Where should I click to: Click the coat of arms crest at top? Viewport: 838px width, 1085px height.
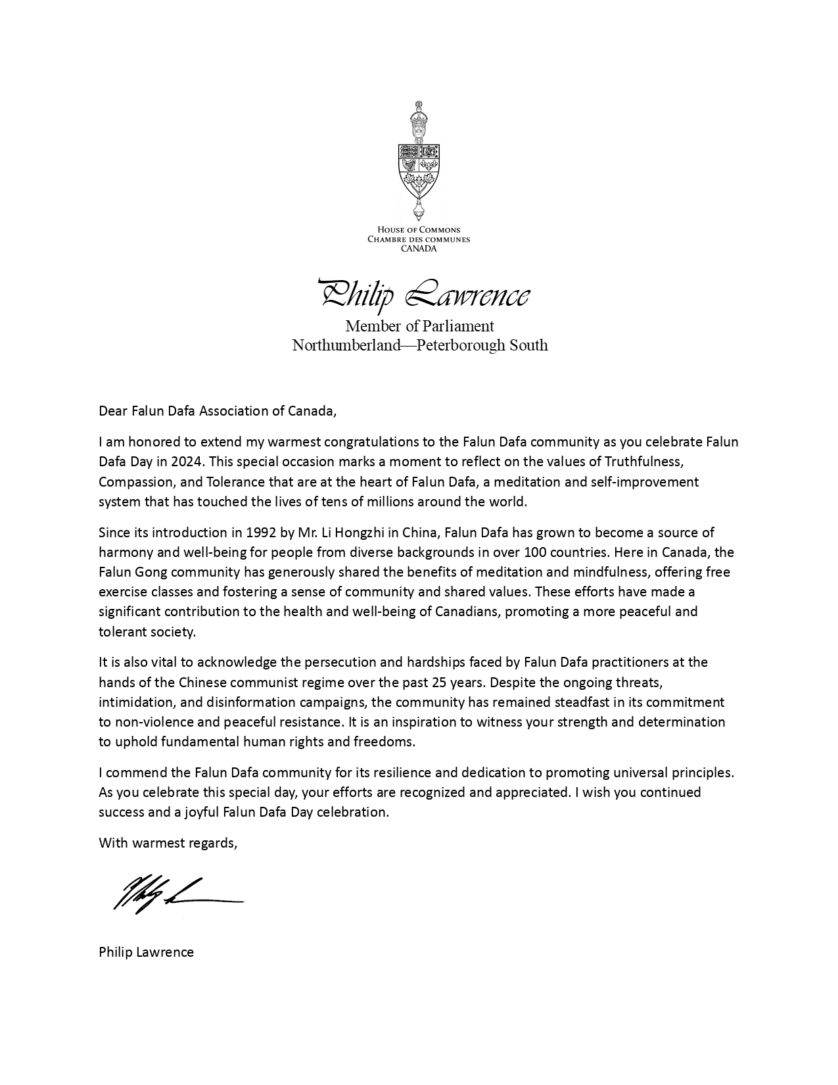pyautogui.click(x=419, y=161)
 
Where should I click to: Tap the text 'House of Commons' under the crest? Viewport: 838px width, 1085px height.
pyautogui.click(x=419, y=230)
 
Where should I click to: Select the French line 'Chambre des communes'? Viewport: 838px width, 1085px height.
pyautogui.click(x=419, y=239)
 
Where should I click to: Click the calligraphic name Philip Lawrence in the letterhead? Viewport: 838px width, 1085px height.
pyautogui.click(x=423, y=294)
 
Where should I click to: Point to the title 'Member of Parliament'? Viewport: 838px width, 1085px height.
pyautogui.click(x=419, y=325)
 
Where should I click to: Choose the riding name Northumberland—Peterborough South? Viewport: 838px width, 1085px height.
pyautogui.click(x=419, y=345)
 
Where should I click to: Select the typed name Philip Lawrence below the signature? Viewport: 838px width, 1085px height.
pyautogui.click(x=146, y=952)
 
